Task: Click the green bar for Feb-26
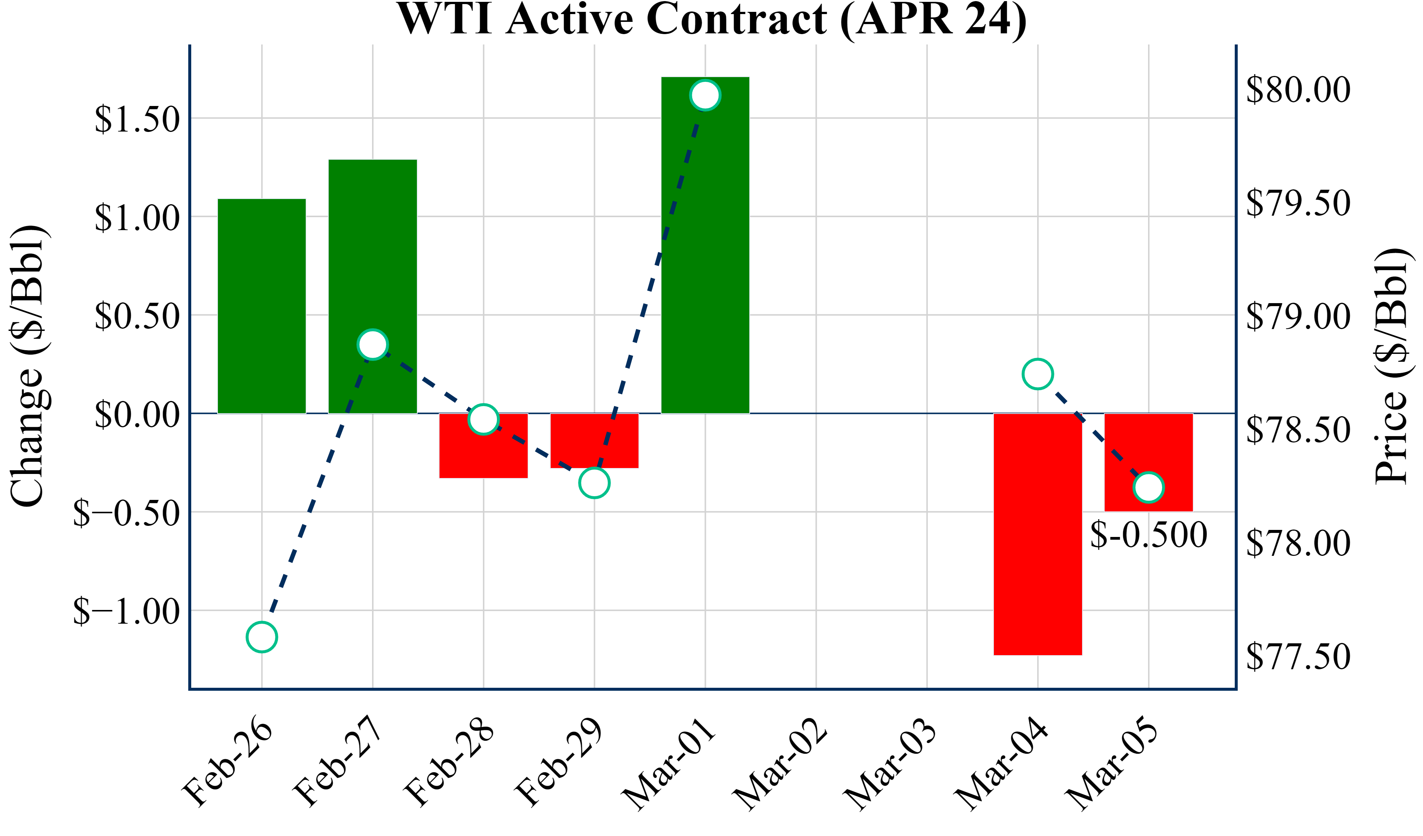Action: pyautogui.click(x=262, y=306)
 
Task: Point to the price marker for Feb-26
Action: pyautogui.click(x=262, y=637)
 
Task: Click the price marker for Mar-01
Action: pyautogui.click(x=705, y=95)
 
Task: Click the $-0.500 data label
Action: pyautogui.click(x=1148, y=535)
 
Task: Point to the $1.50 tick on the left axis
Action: pyautogui.click(x=137, y=119)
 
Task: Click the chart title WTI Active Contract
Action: pyautogui.click(x=711, y=19)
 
